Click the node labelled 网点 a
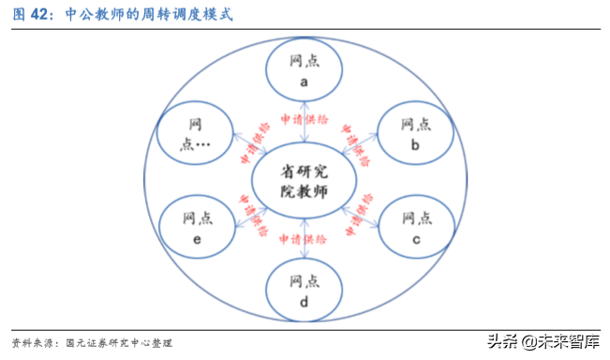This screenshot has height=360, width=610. [304, 71]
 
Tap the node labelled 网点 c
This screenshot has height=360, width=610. [415, 224]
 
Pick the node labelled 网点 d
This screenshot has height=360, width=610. [304, 288]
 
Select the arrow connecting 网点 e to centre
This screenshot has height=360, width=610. [246, 207]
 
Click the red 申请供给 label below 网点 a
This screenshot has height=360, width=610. [303, 119]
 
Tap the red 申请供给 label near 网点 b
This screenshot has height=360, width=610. [356, 143]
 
